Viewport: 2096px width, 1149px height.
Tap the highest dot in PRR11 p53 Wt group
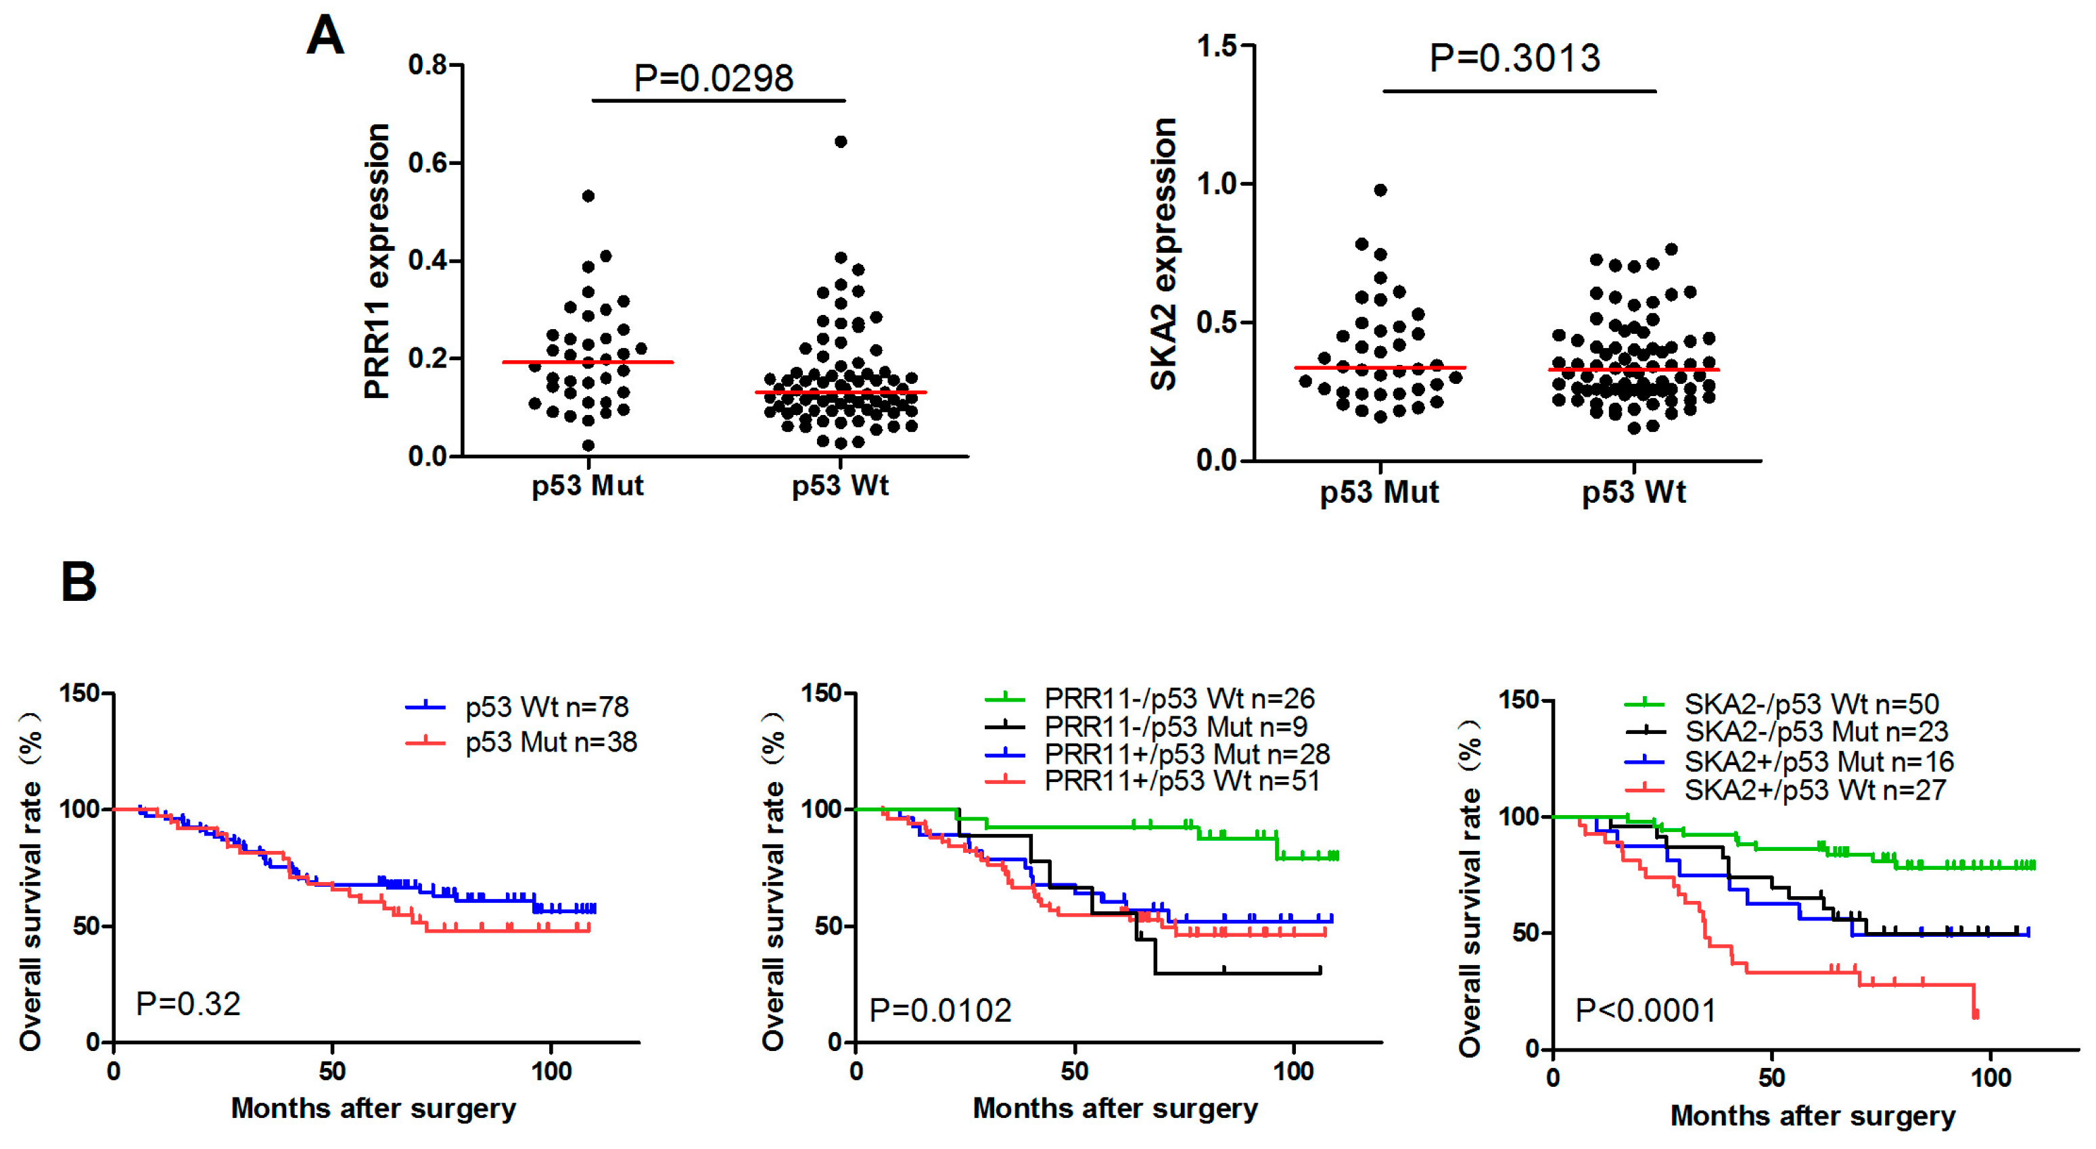841,141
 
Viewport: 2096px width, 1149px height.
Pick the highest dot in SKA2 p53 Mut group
1381,191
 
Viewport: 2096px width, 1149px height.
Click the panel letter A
325,36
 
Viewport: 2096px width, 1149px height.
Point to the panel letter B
79,582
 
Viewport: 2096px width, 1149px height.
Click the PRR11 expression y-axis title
377,261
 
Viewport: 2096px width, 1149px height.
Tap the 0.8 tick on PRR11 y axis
428,65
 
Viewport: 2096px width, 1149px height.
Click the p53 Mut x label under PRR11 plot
588,486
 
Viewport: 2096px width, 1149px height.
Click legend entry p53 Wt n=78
546,708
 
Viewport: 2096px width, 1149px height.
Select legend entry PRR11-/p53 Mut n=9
1175,726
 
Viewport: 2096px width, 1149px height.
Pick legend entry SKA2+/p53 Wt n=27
1815,789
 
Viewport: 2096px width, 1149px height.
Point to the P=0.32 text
188,1004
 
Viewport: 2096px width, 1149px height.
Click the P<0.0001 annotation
1646,1010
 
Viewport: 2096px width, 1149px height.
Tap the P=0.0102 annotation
939,1010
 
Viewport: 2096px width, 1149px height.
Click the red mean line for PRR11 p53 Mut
588,362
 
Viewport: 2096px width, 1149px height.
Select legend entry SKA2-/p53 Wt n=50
1811,704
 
